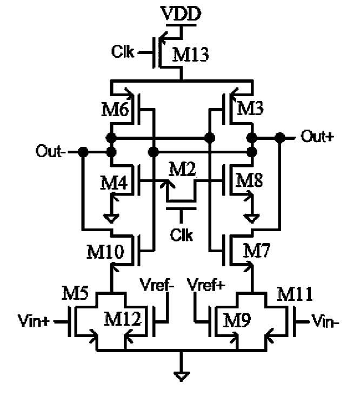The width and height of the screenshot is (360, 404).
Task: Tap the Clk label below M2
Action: [181, 236]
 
